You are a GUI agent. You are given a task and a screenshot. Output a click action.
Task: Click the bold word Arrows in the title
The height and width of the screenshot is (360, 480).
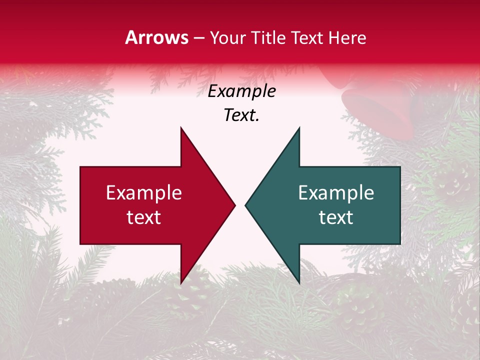(x=156, y=37)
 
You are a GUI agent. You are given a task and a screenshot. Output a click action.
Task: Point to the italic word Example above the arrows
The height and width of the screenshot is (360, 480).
(x=241, y=91)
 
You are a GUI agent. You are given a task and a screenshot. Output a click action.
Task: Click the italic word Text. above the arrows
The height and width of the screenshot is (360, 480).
(x=241, y=115)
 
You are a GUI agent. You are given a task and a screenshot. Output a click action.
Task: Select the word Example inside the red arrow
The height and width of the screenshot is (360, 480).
(x=144, y=193)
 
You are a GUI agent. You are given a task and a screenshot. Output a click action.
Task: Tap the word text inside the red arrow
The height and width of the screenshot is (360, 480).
(x=144, y=217)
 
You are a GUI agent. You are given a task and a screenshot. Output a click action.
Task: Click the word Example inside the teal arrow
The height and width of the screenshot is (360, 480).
(x=336, y=193)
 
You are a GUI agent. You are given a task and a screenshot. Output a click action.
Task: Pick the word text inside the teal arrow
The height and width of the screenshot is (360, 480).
(x=336, y=217)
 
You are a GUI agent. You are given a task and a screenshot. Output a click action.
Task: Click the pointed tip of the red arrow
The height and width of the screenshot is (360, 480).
(x=235, y=205)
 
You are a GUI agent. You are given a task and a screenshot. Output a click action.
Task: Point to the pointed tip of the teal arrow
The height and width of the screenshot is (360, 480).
(x=245, y=205)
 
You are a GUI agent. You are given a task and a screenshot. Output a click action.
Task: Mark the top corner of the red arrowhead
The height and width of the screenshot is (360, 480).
(x=181, y=128)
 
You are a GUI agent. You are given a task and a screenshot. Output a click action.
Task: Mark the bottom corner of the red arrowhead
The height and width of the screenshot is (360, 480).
(x=181, y=283)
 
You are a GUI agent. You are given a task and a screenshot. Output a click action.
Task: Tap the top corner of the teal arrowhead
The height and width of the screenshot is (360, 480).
(x=299, y=128)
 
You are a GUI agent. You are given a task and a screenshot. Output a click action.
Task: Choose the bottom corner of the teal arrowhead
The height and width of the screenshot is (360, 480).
(x=299, y=283)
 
